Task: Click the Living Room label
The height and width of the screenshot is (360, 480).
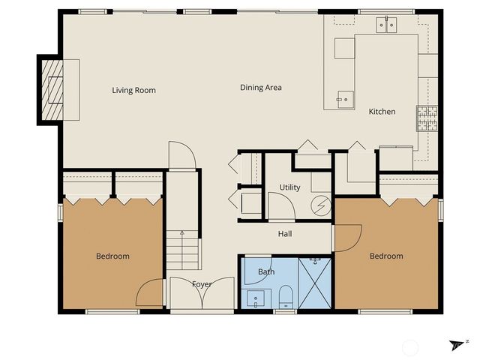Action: point(133,91)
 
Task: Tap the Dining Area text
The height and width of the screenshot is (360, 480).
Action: point(260,88)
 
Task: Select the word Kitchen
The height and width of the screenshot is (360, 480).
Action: point(381,112)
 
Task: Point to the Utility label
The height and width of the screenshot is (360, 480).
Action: point(289,187)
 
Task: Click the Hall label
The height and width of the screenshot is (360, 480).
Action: point(285,234)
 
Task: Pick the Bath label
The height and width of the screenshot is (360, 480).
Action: point(266,271)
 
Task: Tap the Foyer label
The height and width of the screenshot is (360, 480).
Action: point(201,284)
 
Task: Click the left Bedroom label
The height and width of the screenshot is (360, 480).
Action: point(112,256)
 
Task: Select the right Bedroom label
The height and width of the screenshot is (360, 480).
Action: point(386,256)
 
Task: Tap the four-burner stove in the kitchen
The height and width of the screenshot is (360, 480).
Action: point(427,118)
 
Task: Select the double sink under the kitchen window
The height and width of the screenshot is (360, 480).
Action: point(387,25)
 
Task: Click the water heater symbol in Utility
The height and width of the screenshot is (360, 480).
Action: point(321,204)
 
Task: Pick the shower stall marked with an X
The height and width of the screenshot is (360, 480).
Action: point(314,283)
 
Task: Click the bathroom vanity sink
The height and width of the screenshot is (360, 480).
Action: point(257,298)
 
